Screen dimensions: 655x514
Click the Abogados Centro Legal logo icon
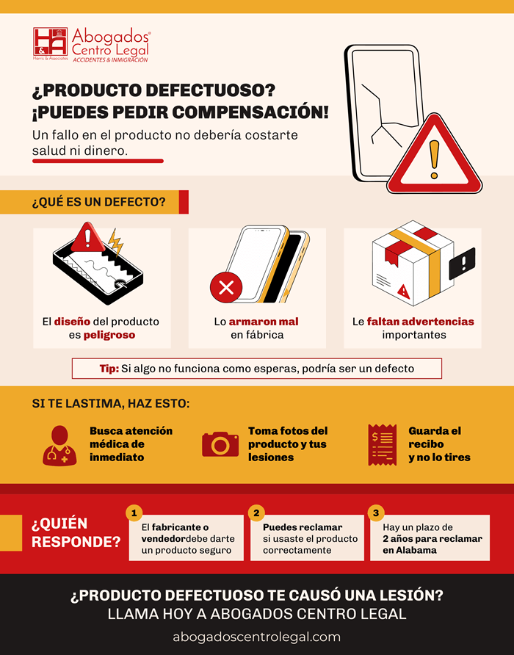point(50,46)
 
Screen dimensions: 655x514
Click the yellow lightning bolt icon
point(115,242)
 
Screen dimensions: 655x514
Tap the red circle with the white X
point(226,286)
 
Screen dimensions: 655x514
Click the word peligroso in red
point(112,335)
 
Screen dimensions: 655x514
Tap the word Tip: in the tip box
point(109,368)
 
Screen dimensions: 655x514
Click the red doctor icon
point(58,445)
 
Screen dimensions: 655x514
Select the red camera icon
point(220,444)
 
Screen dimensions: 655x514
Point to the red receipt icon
point(382,444)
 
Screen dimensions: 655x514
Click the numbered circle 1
point(134,513)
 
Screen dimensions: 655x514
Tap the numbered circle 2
point(256,513)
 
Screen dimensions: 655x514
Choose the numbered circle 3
point(377,513)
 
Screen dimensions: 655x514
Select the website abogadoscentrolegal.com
point(257,637)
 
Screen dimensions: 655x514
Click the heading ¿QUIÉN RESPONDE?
point(76,533)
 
